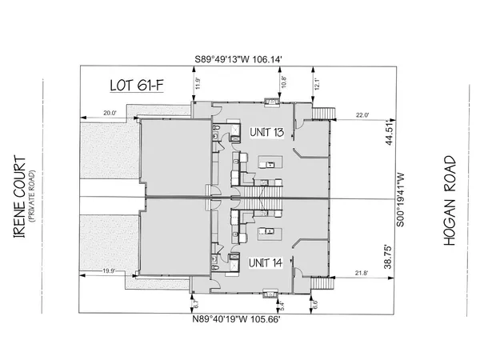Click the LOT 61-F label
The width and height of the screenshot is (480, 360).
(135, 85)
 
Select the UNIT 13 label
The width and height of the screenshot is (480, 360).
(265, 131)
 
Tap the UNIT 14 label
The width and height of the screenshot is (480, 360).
(265, 262)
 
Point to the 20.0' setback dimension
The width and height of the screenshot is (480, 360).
(109, 114)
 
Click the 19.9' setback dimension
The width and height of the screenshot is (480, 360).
(109, 272)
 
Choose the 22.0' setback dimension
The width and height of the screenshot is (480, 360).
(362, 114)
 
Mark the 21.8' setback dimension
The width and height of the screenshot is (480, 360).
(362, 273)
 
